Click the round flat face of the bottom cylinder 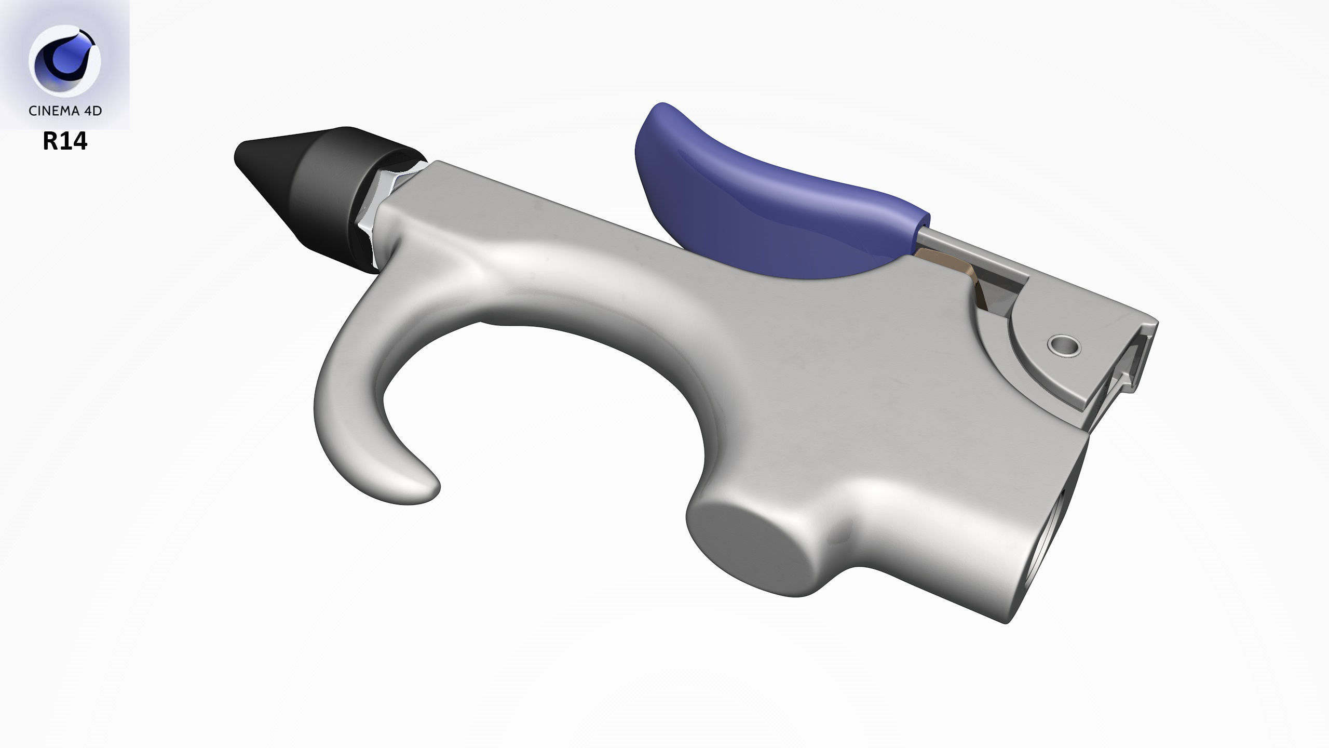point(750,556)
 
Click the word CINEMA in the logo point(52,111)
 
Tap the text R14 point(65,141)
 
